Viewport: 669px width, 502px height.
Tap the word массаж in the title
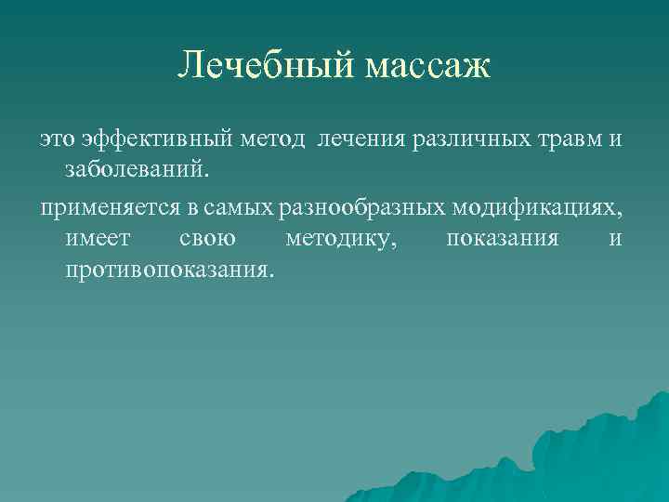coord(426,67)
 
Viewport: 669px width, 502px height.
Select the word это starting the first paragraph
coord(56,139)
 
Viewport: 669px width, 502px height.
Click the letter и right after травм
coord(615,139)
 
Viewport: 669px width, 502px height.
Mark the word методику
coord(341,239)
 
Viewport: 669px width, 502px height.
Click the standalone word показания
coord(502,238)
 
